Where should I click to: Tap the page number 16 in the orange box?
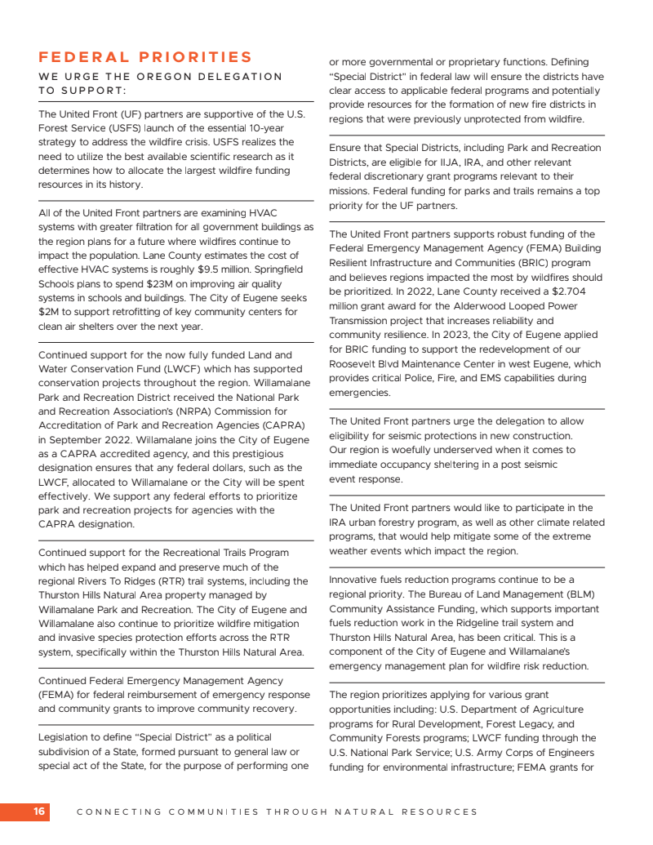pos(39,812)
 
